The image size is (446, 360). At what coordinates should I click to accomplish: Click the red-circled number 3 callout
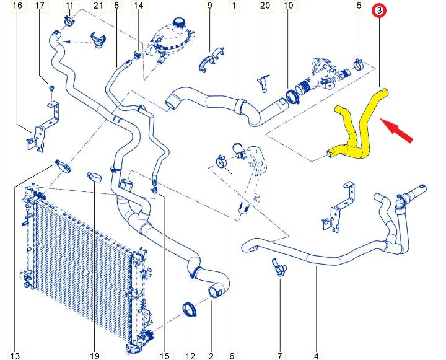coord(379,11)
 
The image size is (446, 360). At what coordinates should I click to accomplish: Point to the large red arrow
coord(396,130)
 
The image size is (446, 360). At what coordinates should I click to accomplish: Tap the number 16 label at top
coord(17,5)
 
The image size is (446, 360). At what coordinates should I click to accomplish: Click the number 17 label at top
coord(40,5)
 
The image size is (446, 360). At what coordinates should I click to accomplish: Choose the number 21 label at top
coord(98,5)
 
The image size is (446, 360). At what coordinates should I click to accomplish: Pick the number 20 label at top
coord(265,5)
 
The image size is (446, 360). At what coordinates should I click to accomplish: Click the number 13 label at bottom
coord(15,356)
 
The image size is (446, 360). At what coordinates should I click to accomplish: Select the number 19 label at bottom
coord(94,356)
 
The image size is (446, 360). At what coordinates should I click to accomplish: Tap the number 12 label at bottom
coord(190,356)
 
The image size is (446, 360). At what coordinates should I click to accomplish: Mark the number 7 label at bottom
coord(280,356)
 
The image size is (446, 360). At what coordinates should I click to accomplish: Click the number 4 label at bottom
coord(317,356)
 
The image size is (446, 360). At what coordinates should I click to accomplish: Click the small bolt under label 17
coord(51,88)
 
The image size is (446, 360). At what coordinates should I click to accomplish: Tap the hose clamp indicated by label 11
coord(69,21)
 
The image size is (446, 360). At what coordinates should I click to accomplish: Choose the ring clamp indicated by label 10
coord(291,96)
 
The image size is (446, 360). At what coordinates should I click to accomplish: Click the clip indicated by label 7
coord(279,267)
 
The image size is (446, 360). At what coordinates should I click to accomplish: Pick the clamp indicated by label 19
coord(95,177)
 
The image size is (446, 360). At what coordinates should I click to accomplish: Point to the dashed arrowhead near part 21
coord(66,42)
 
